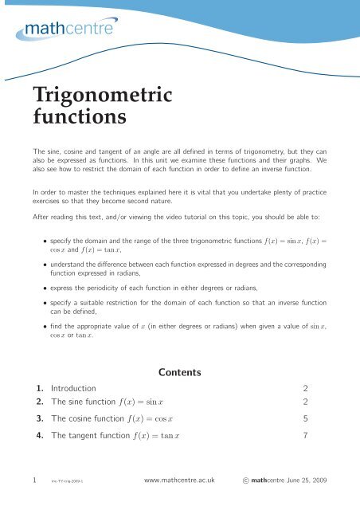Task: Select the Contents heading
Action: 180,371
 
